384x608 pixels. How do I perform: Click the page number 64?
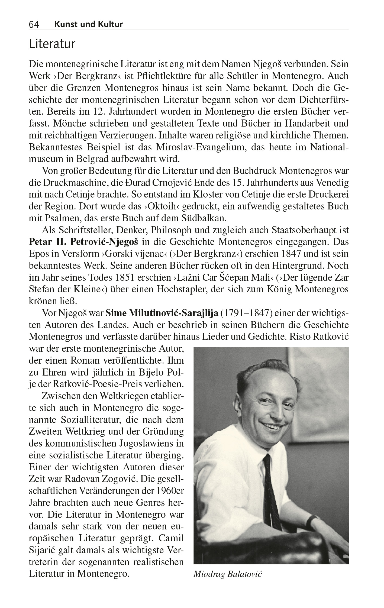tap(34, 25)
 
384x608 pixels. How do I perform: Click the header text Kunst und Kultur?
tap(88, 24)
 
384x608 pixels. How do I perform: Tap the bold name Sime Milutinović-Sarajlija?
tap(162, 313)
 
